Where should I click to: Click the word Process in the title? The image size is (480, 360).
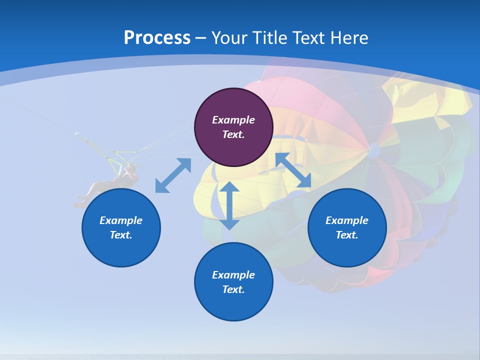coord(157,38)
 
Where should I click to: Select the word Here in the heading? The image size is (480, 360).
coord(348,38)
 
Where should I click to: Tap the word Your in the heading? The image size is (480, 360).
coord(229,38)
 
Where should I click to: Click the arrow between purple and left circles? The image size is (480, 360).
coord(173,175)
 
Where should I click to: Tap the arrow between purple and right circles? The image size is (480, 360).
coord(293,170)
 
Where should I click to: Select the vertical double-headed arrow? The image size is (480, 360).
coord(229,205)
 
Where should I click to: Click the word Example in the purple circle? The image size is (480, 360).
coord(233,120)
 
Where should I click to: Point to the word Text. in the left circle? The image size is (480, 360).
coord(121,235)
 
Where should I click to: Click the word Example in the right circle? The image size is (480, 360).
coord(347,220)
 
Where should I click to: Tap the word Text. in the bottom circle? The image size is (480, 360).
coord(233,289)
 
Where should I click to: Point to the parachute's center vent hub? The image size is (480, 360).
coord(372,147)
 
